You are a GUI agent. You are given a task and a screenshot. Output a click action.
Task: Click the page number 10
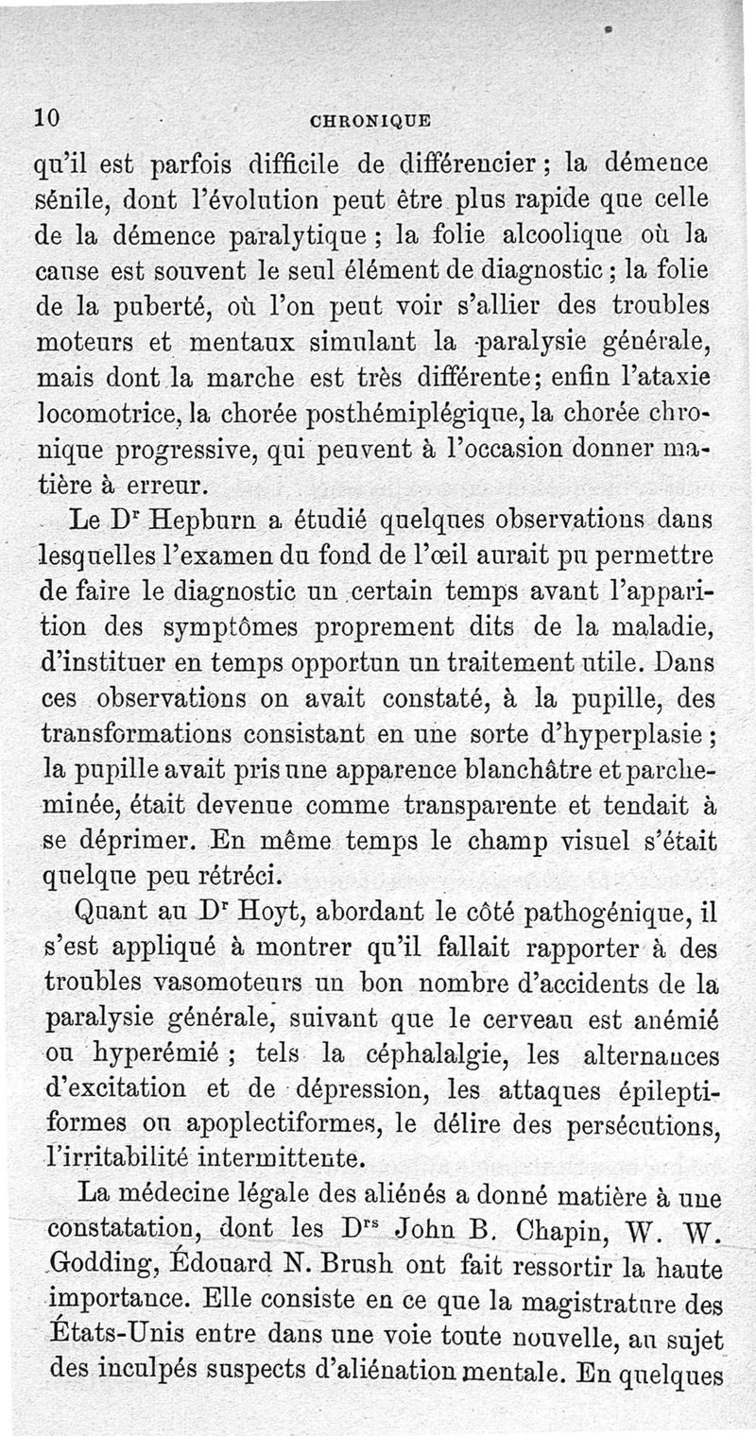point(48,118)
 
